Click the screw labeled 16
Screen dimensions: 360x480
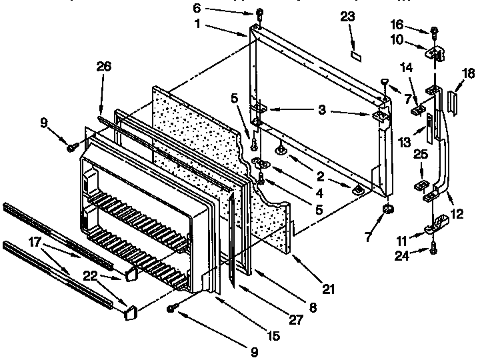point(434,30)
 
